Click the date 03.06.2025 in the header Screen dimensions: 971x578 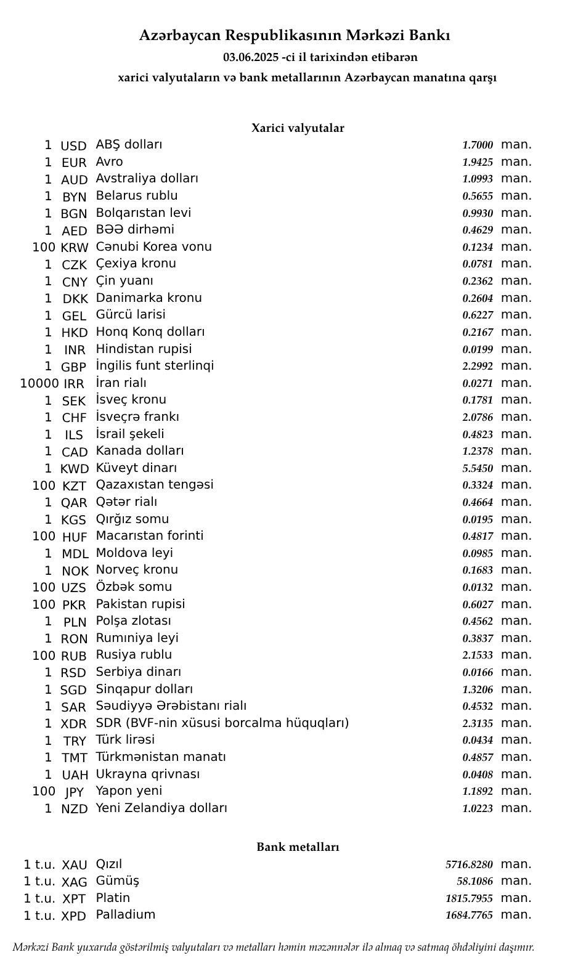point(251,57)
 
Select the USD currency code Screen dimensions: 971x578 point(73,146)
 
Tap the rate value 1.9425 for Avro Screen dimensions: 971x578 point(478,163)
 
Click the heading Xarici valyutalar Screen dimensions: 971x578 point(298,128)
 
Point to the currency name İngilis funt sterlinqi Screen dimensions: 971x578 point(155,366)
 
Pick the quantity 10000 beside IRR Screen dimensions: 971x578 point(39,384)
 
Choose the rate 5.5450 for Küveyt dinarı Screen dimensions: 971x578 point(478,468)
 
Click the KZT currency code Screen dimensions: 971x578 point(74,486)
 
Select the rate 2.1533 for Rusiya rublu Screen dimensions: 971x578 point(478,655)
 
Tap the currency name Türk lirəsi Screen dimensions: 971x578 point(125,740)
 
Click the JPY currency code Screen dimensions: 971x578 point(74,792)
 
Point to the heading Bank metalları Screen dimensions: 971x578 point(298,847)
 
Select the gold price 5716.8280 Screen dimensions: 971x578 point(469,865)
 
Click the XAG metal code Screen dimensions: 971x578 point(75,882)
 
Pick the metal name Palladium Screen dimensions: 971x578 point(125,915)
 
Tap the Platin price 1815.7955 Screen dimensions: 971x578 point(469,899)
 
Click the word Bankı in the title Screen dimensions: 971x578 point(431,36)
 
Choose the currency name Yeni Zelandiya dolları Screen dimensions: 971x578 point(161,808)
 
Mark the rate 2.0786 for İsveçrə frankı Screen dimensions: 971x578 point(478,417)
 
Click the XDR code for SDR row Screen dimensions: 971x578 point(74,724)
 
